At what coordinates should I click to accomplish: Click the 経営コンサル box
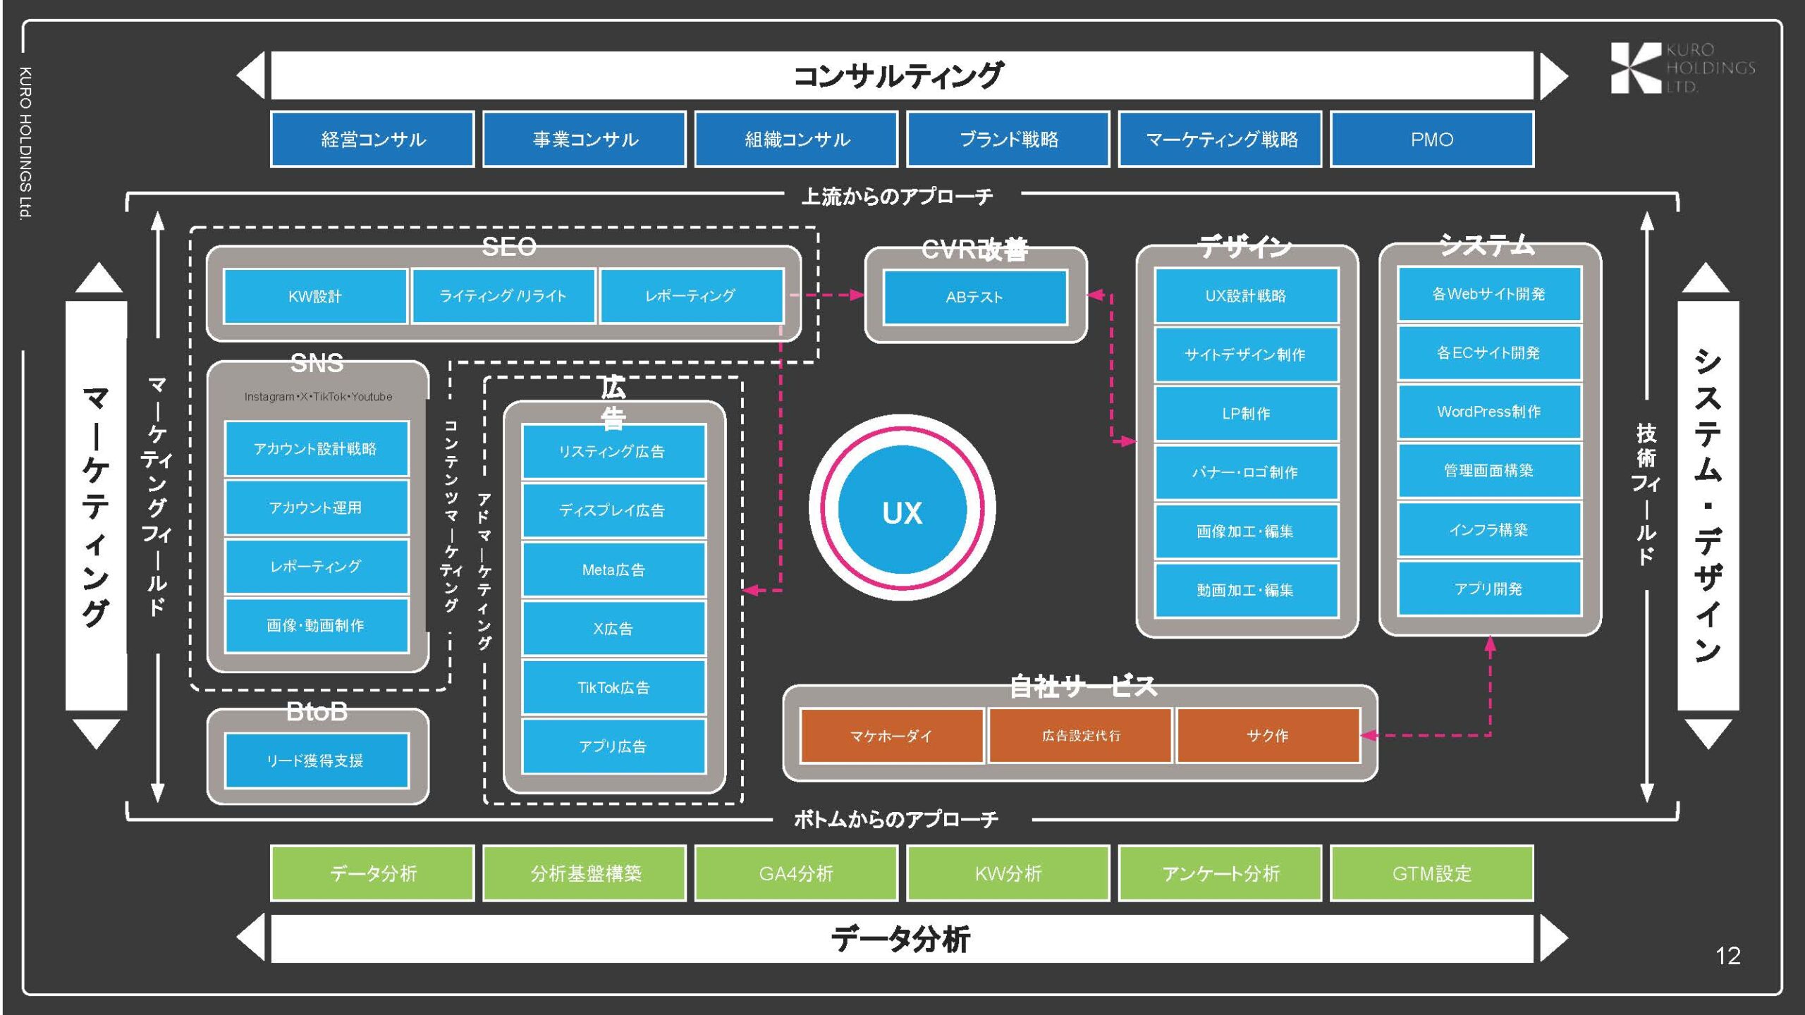(x=372, y=139)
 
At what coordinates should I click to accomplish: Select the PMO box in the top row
(x=1431, y=139)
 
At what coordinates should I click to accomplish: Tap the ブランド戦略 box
(x=1008, y=139)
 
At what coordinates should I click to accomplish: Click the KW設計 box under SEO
(x=314, y=296)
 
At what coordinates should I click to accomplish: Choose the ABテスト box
(x=974, y=297)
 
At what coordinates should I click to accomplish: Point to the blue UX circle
(x=902, y=510)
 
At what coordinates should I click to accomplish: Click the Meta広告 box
(x=613, y=570)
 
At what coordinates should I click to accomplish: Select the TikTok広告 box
(x=613, y=687)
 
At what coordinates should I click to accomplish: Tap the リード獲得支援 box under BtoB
(x=316, y=761)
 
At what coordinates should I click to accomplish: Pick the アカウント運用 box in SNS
(x=316, y=508)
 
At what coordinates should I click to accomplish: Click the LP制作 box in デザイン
(x=1246, y=414)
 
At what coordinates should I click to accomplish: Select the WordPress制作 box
(x=1489, y=412)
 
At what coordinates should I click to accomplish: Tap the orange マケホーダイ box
(x=891, y=736)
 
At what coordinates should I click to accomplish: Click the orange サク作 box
(x=1268, y=736)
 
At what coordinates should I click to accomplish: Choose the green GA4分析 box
(x=796, y=873)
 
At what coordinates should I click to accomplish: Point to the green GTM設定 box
(x=1431, y=873)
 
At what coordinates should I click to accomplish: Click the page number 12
(x=1727, y=956)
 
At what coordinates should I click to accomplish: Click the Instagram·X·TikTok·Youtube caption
(x=318, y=397)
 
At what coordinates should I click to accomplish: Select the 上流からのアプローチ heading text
(x=897, y=196)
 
